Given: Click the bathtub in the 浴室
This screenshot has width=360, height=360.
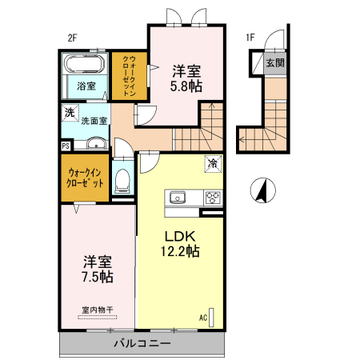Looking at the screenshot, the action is pos(85,64).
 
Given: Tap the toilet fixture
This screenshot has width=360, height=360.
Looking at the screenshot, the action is pos(122,181).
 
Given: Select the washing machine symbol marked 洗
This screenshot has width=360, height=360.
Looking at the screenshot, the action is pos(70,113).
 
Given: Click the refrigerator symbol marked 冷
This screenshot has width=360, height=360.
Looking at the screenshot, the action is pos(213,164).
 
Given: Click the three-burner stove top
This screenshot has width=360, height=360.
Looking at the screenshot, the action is pos(213,198).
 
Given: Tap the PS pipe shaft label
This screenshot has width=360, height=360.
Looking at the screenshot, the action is pos(66,146).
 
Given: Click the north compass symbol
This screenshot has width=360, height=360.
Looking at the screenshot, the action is pos(263,190).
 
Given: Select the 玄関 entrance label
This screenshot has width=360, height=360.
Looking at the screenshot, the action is pos(275,63).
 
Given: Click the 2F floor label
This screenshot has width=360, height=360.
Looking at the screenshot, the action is pos(72,38).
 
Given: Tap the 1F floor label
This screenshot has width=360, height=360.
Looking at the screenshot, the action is pos(250,38).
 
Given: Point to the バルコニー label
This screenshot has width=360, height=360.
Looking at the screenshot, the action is pos(142,343).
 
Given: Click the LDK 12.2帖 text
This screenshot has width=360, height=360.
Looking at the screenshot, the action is pos(180,243).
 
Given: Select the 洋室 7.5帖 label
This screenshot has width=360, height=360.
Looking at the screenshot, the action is pos(98,269).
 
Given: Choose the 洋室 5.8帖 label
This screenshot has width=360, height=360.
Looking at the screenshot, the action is pos(186,78).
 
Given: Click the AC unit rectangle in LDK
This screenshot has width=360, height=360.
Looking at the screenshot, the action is pos(211,318).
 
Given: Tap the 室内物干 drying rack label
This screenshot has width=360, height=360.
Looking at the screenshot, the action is pos(98,310).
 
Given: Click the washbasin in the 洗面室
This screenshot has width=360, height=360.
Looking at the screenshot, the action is pos(96,143).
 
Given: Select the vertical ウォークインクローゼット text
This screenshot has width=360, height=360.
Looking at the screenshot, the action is pos(129,76).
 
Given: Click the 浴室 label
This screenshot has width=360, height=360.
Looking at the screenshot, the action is pos(86,86).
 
